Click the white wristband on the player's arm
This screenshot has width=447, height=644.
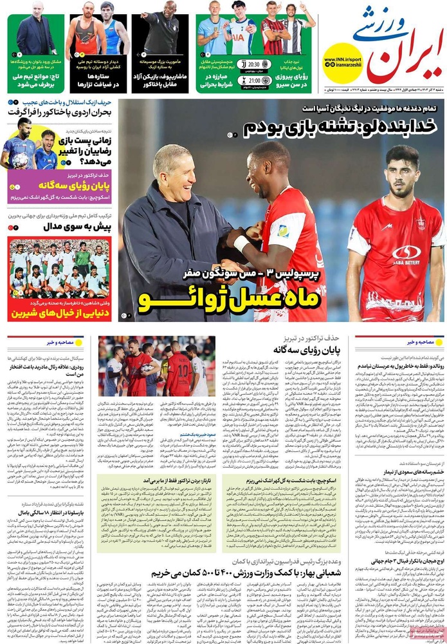click(241, 243)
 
